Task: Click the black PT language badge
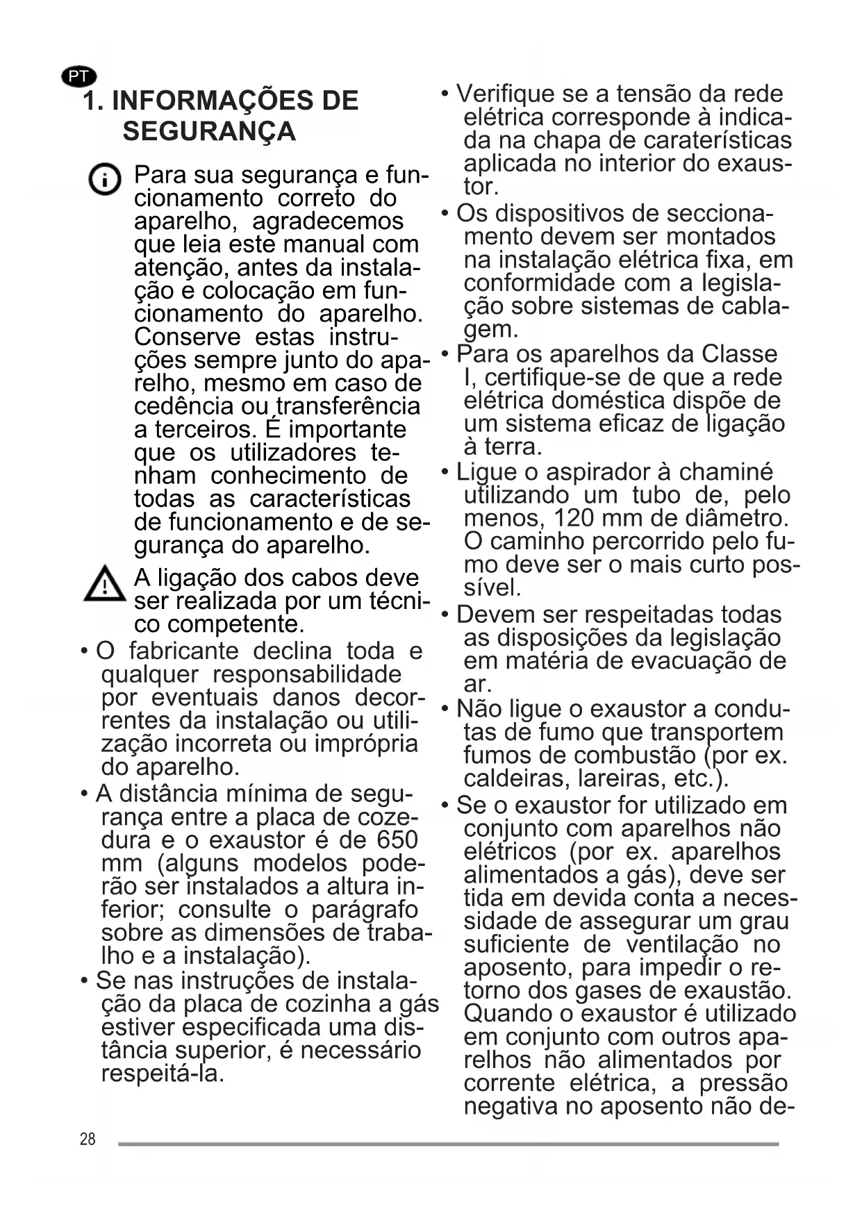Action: [79, 76]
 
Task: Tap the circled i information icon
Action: [105, 181]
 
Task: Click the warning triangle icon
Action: [104, 584]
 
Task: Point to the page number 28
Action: [88, 1140]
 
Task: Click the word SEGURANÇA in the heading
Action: [209, 131]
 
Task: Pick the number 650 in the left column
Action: [397, 840]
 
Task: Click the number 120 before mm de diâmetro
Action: [574, 518]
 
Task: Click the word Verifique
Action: [506, 94]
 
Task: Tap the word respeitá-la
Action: [163, 1074]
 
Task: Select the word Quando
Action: [507, 1014]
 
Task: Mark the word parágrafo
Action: [364, 910]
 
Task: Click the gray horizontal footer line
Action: [448, 1144]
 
